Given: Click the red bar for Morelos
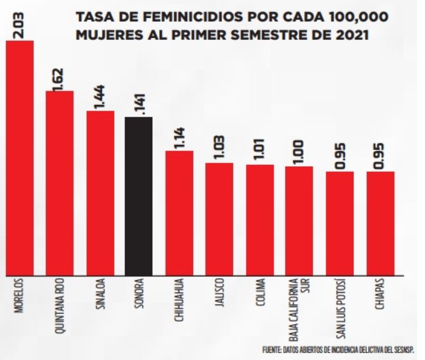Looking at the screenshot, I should tap(19, 158).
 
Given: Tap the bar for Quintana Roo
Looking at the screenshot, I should tap(60, 183).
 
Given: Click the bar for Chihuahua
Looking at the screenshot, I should tap(179, 213).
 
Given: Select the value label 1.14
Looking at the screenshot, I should tap(180, 137).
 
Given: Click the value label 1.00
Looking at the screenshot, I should tap(299, 153).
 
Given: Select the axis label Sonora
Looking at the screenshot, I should tap(138, 297).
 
